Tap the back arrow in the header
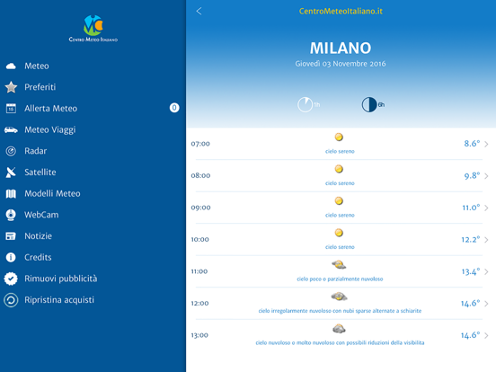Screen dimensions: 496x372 199,12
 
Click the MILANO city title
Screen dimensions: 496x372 341,49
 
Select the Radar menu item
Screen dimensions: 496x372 35,151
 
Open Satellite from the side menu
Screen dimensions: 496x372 40,173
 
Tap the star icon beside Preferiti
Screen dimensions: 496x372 11,87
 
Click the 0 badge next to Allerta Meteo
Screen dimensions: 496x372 174,108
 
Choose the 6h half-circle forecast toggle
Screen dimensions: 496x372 369,105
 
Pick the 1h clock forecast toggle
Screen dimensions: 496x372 306,105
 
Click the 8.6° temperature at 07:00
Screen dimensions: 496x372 472,144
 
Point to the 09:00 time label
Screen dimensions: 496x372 200,208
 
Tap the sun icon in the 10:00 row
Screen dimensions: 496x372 339,233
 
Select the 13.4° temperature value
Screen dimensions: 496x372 471,271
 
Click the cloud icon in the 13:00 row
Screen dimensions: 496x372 339,329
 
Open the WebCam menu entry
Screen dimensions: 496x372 41,215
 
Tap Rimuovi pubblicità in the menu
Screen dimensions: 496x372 61,279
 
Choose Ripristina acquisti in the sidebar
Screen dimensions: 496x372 59,300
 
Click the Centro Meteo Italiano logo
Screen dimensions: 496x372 93,29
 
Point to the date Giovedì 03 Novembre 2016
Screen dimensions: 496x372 341,64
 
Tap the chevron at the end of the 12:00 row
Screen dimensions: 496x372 486,304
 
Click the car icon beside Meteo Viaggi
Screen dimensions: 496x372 11,129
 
